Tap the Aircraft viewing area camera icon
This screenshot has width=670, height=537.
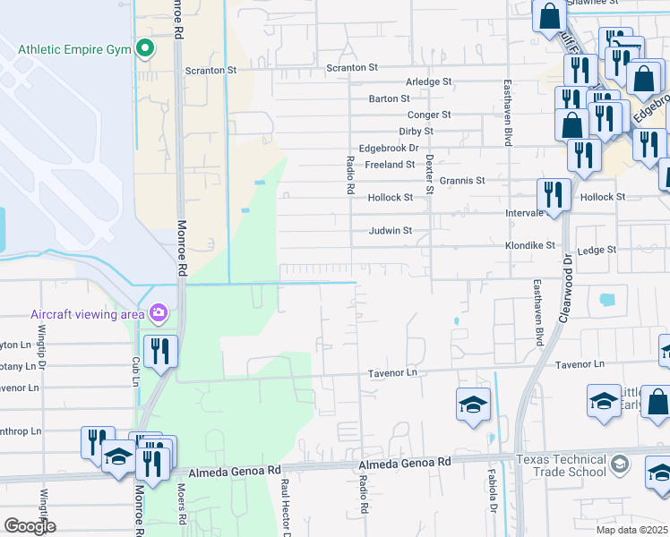159,312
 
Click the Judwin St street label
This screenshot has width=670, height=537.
391,231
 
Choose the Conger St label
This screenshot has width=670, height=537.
429,115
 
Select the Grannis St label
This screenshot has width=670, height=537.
462,181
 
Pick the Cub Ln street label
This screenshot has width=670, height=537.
136,371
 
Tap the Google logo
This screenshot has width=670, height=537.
30,526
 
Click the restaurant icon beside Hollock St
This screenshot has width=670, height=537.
554,193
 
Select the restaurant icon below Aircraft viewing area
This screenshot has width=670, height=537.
160,350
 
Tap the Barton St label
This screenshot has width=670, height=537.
389,98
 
